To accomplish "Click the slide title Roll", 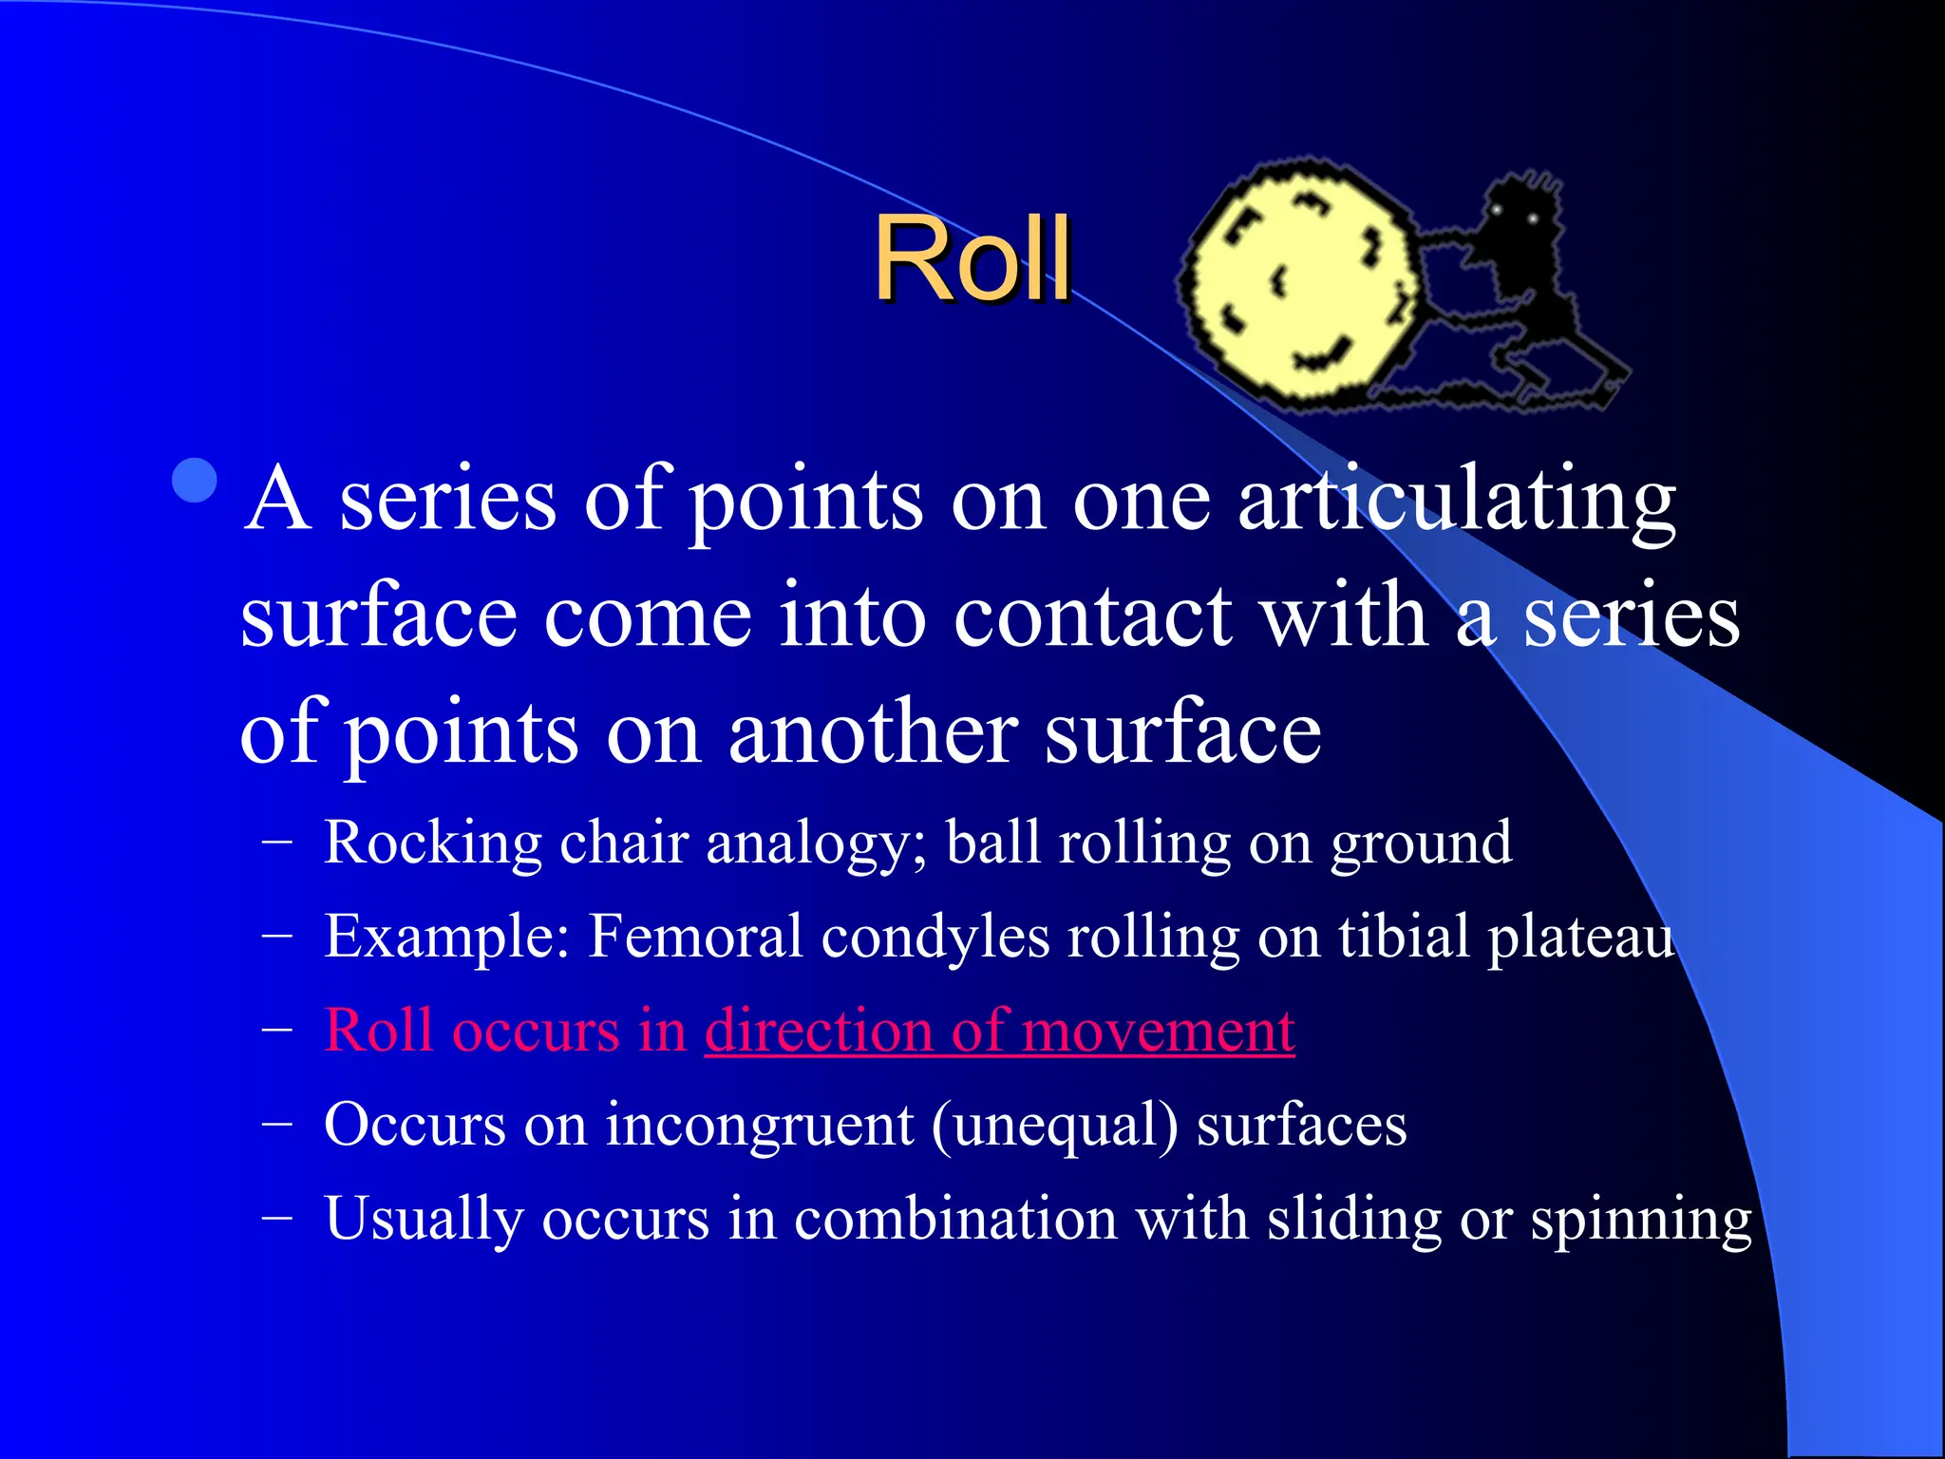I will [x=972, y=258].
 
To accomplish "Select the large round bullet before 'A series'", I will [x=196, y=481].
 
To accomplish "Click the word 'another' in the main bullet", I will [x=873, y=733].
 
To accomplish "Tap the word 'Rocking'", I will [x=433, y=843].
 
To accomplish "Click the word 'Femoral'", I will [x=695, y=937].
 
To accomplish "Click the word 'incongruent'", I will [x=759, y=1127].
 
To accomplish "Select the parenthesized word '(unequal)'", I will [x=1054, y=1127].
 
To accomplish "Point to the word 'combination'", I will [x=954, y=1219].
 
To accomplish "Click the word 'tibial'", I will [x=1404, y=937].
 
